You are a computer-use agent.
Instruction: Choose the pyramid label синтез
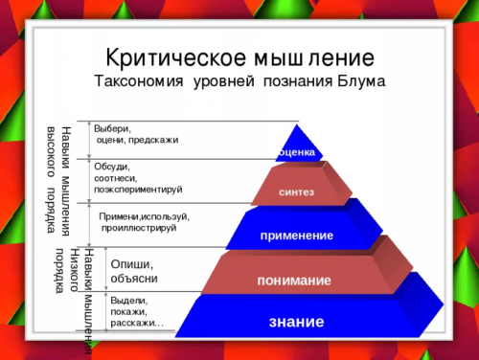pos(296,192)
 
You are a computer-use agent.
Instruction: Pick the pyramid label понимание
pos(293,281)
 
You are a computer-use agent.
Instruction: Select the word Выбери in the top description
pos(111,128)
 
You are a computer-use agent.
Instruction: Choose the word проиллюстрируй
pos(140,228)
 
